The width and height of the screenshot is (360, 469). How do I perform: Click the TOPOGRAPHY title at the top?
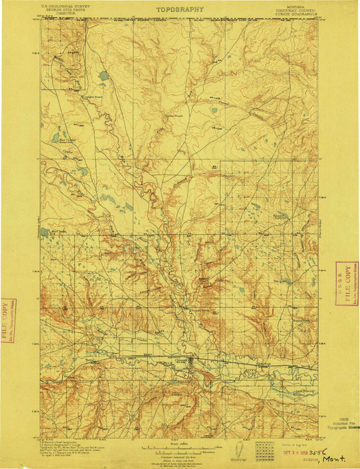(180, 9)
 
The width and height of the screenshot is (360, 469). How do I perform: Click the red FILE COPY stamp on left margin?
(8, 321)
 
